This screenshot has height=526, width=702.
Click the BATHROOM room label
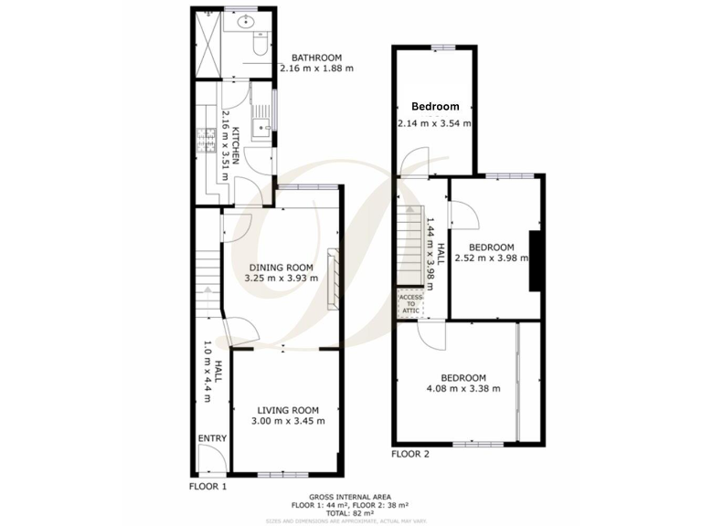point(316,58)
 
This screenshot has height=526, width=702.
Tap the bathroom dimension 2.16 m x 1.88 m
point(316,68)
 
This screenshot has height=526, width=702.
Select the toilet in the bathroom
point(259,41)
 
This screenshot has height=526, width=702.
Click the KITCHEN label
point(236,144)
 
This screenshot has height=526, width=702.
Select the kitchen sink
point(261,128)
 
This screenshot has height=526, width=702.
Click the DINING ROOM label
point(281,267)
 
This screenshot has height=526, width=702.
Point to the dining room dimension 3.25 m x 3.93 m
point(281,278)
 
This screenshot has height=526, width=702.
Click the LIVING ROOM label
point(287,410)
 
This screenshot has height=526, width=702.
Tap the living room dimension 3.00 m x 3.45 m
point(287,421)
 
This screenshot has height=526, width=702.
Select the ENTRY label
point(211,439)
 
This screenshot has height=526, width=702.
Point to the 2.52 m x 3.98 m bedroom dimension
point(492,258)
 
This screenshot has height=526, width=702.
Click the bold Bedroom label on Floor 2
point(434,107)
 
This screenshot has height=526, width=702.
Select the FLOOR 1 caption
point(207,487)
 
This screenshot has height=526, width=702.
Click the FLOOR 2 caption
point(410,454)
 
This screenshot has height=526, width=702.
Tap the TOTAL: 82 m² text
point(350,511)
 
